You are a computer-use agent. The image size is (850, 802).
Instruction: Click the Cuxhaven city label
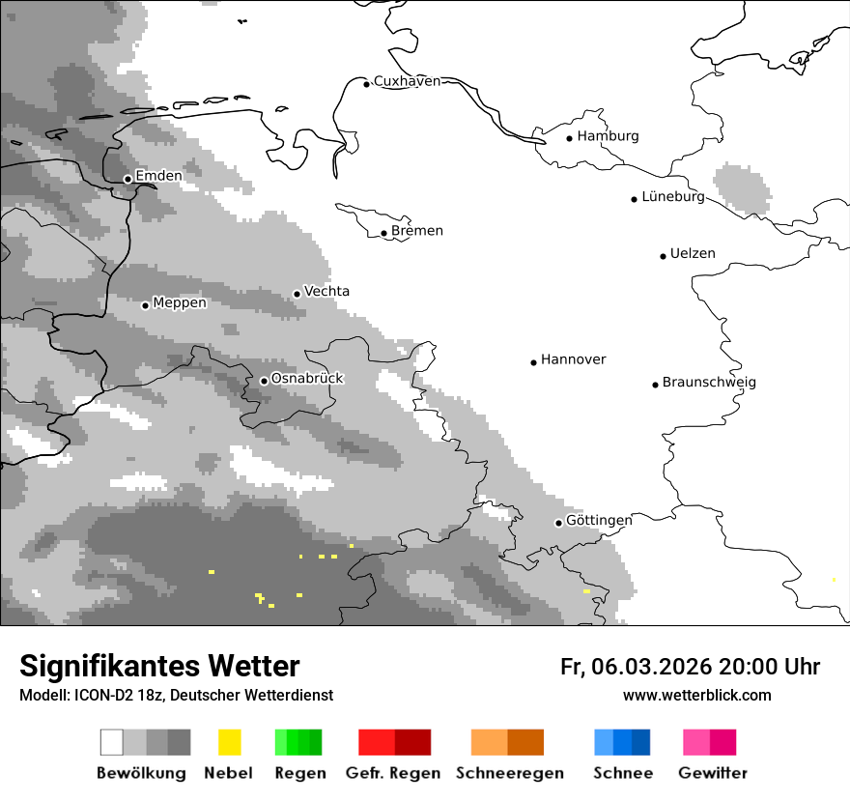pos(407,81)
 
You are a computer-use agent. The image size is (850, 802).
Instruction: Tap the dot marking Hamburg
pos(570,138)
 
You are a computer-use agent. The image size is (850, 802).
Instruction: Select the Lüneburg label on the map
pos(673,197)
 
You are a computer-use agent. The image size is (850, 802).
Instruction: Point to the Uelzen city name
pos(693,254)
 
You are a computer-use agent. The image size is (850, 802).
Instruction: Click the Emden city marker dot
pos(127,179)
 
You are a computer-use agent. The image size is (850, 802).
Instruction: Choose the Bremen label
pos(417,231)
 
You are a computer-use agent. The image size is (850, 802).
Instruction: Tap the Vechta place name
pos(326,292)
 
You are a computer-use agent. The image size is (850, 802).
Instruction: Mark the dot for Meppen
pos(145,305)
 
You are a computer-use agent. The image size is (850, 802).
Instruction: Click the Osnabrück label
pos(307,379)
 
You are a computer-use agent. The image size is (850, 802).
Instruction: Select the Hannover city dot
pos(533,362)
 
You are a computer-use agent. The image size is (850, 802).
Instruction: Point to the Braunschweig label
pos(709,383)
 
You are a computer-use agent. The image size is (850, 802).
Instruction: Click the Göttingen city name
pos(599,521)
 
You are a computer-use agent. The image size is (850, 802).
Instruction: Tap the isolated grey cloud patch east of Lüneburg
pos(742,188)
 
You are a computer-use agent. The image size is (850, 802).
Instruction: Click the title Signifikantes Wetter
pos(159,667)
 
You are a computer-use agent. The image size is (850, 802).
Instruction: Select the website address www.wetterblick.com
pos(696,696)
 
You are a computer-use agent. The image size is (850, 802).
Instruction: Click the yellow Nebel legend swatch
pos(229,742)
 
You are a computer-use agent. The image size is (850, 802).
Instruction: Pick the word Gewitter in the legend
pos(713,773)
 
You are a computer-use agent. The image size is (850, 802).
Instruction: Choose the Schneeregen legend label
pos(509,773)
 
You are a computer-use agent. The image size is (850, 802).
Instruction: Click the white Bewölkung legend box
pos(112,742)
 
